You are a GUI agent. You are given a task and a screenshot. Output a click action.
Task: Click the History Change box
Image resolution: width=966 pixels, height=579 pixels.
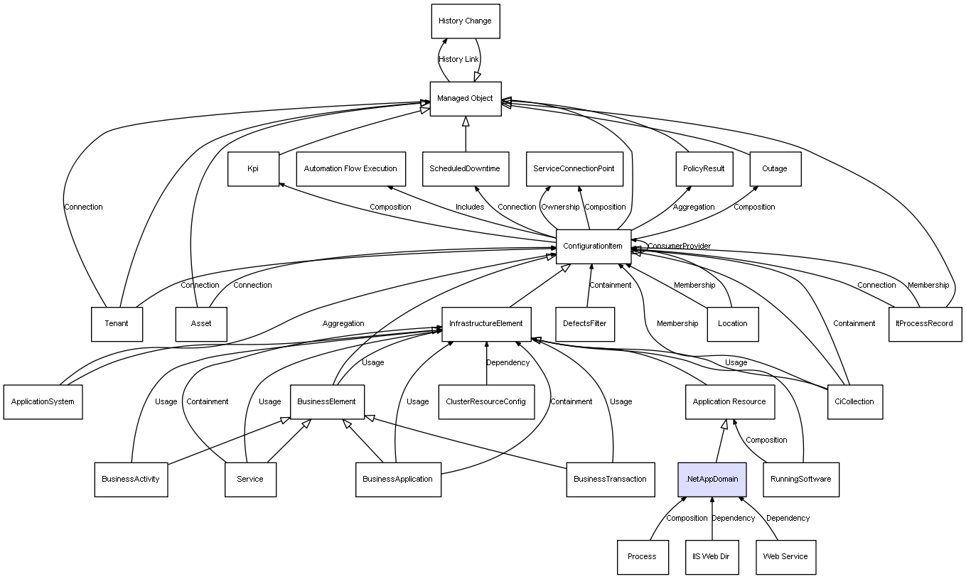[466, 21]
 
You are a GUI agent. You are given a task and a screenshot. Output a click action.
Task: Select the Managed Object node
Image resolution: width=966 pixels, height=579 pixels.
[466, 99]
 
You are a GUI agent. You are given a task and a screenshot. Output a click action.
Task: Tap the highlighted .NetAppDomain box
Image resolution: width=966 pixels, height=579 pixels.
[712, 480]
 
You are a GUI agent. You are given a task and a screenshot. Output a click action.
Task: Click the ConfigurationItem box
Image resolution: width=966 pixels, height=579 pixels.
[594, 247]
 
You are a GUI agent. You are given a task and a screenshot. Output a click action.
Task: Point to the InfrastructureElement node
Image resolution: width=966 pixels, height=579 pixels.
[486, 324]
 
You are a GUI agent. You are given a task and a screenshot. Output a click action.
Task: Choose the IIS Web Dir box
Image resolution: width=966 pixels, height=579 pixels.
[712, 557]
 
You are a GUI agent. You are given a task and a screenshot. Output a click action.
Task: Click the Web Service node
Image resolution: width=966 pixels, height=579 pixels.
[785, 557]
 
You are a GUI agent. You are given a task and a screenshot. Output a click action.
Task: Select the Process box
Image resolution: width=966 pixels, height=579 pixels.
[643, 557]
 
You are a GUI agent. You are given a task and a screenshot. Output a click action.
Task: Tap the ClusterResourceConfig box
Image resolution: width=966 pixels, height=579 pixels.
[486, 402]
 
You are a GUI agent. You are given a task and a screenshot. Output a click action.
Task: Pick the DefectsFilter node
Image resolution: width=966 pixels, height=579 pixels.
[585, 324]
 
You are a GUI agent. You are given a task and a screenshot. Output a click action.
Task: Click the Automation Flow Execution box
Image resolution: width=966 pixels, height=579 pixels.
[351, 168]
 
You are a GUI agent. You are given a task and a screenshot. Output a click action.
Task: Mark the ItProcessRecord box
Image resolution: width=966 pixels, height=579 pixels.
[925, 324]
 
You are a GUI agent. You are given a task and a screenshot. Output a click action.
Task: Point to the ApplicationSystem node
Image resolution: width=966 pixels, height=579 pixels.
[43, 402]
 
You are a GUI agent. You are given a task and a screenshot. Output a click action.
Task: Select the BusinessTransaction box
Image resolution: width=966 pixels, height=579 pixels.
[611, 480]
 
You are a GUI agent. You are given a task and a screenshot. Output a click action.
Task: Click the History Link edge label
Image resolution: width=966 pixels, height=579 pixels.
[458, 60]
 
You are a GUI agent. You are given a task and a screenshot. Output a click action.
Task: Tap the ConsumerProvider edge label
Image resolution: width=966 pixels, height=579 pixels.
[680, 246]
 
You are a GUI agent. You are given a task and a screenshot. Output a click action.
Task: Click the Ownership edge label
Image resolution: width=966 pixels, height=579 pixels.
[560, 207]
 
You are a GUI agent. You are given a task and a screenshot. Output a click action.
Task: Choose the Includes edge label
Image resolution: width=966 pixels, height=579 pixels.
[470, 207]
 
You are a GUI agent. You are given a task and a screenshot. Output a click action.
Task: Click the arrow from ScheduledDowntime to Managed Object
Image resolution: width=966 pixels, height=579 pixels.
[466, 134]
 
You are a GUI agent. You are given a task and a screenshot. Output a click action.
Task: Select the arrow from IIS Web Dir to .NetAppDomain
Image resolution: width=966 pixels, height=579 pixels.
[712, 519]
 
